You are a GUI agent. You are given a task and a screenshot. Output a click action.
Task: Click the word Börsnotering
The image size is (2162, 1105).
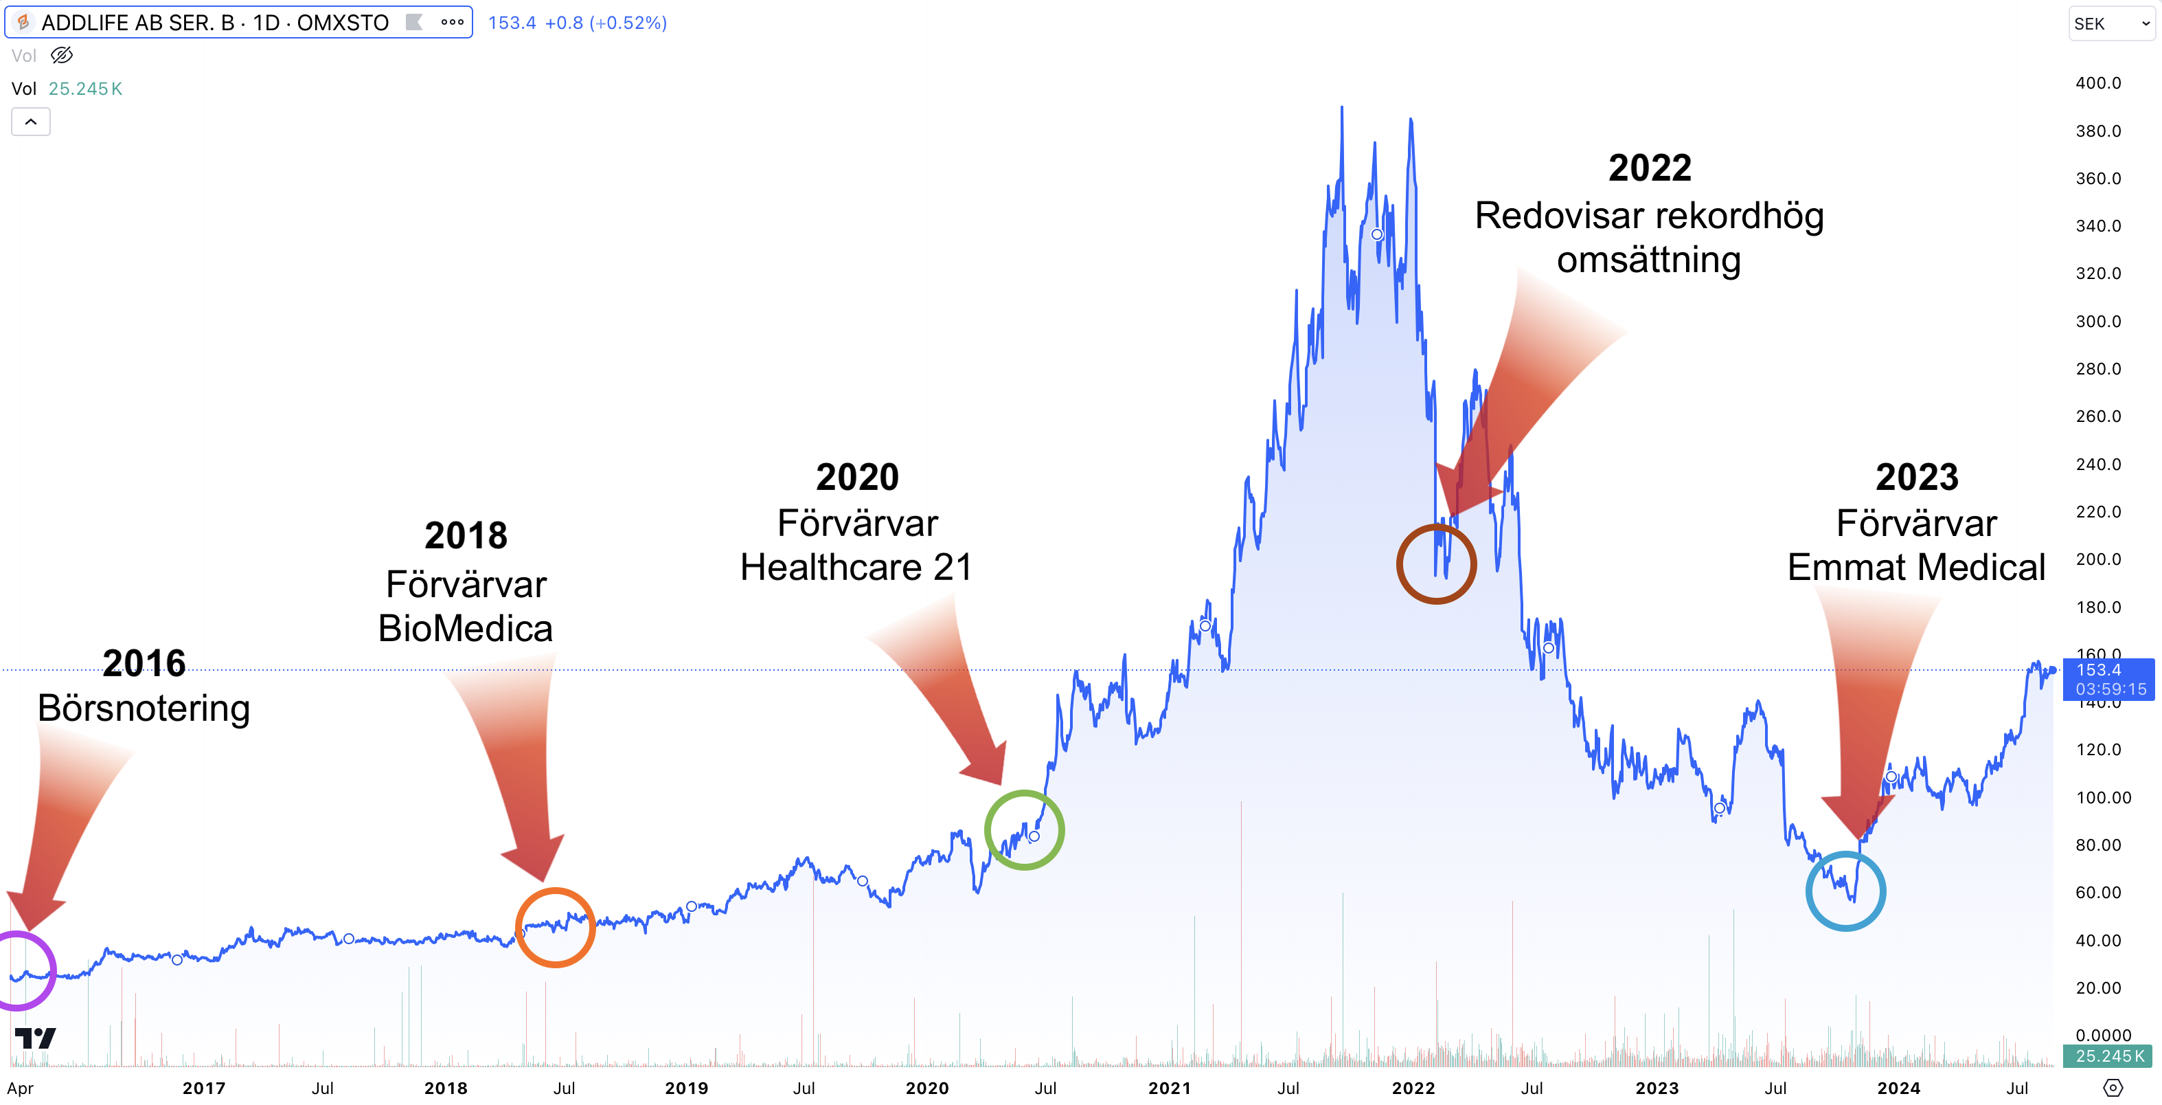[144, 708]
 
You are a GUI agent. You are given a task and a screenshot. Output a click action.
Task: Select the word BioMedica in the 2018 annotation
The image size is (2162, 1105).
[465, 628]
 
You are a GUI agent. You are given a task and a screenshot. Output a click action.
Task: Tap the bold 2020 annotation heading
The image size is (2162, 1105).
[857, 477]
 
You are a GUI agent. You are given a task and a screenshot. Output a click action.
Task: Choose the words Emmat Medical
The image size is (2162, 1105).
[1916, 568]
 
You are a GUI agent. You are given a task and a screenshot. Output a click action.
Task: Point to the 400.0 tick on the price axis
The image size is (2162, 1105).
[2097, 83]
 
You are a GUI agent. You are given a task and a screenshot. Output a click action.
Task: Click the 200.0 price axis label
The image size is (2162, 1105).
[2097, 559]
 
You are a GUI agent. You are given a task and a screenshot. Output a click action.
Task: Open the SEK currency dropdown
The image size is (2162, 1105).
[2110, 23]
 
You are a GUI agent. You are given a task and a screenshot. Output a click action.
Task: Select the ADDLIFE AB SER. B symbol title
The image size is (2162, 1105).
[215, 23]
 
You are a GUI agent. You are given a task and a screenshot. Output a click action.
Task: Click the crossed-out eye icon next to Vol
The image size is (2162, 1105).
[61, 56]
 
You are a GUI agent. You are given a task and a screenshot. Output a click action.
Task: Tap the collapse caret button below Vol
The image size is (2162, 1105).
[31, 122]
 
